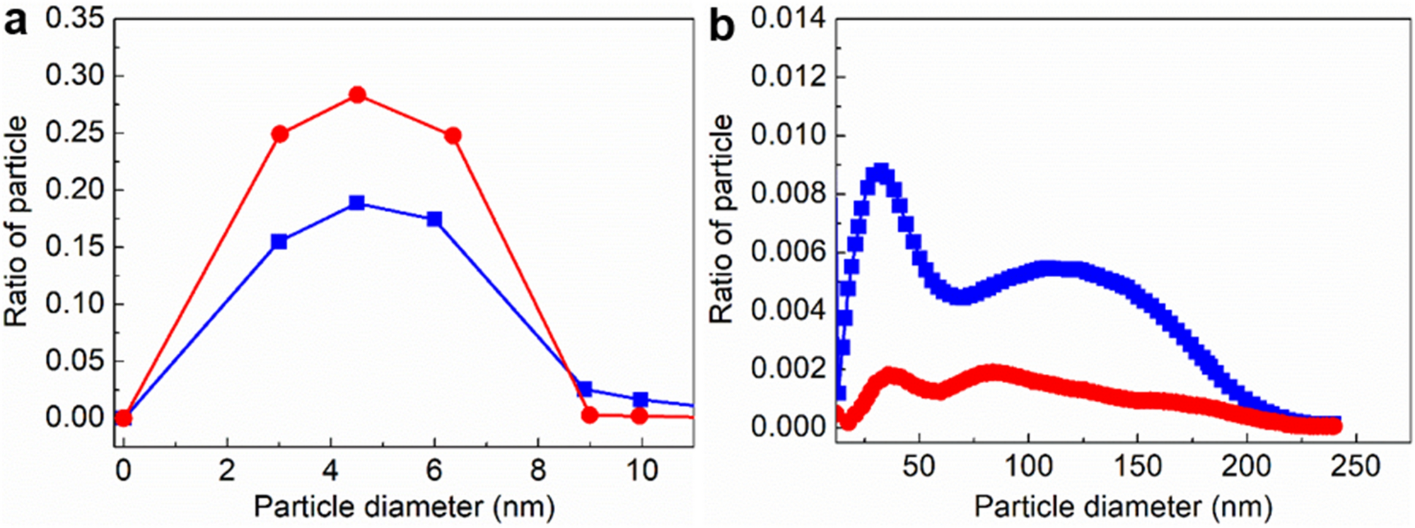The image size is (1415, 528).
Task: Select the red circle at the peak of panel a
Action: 357,95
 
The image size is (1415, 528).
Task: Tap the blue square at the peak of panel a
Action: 357,203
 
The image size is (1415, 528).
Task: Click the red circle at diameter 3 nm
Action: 280,134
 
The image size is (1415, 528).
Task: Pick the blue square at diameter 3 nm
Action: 279,242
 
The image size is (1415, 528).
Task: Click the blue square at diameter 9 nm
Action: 585,389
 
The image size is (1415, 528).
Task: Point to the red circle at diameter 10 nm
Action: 639,416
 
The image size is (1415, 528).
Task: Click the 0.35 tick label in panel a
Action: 75,19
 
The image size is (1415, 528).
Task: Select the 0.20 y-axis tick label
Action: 75,190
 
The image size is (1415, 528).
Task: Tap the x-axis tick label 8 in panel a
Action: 538,469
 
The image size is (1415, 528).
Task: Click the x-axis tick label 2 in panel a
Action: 226,469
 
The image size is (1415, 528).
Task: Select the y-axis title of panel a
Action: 17,221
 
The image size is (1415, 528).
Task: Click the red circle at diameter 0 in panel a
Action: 123,418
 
